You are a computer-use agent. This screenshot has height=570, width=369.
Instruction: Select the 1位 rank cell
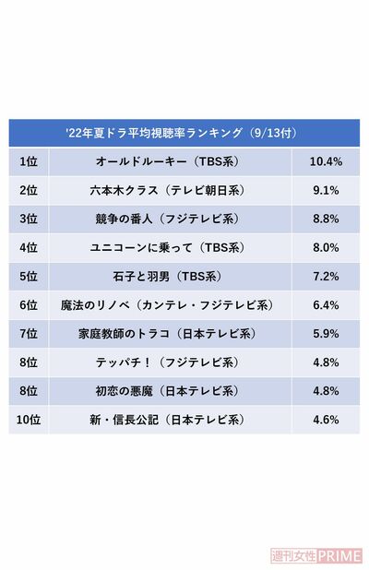click(29, 161)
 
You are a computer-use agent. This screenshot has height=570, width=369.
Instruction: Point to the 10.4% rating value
click(327, 161)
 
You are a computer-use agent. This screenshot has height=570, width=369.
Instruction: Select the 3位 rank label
click(29, 219)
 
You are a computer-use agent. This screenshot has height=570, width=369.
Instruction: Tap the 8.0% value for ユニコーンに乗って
click(327, 247)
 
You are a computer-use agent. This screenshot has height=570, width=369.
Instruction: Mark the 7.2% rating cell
click(327, 276)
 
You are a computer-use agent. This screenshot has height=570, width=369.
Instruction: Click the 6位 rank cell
click(29, 304)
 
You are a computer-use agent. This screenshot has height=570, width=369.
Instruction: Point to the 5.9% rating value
click(327, 333)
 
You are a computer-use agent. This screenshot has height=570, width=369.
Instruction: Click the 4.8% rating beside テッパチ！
click(327, 362)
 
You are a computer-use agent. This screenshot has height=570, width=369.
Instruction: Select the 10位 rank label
click(29, 419)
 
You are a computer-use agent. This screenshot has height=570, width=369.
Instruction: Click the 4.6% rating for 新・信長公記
click(327, 419)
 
